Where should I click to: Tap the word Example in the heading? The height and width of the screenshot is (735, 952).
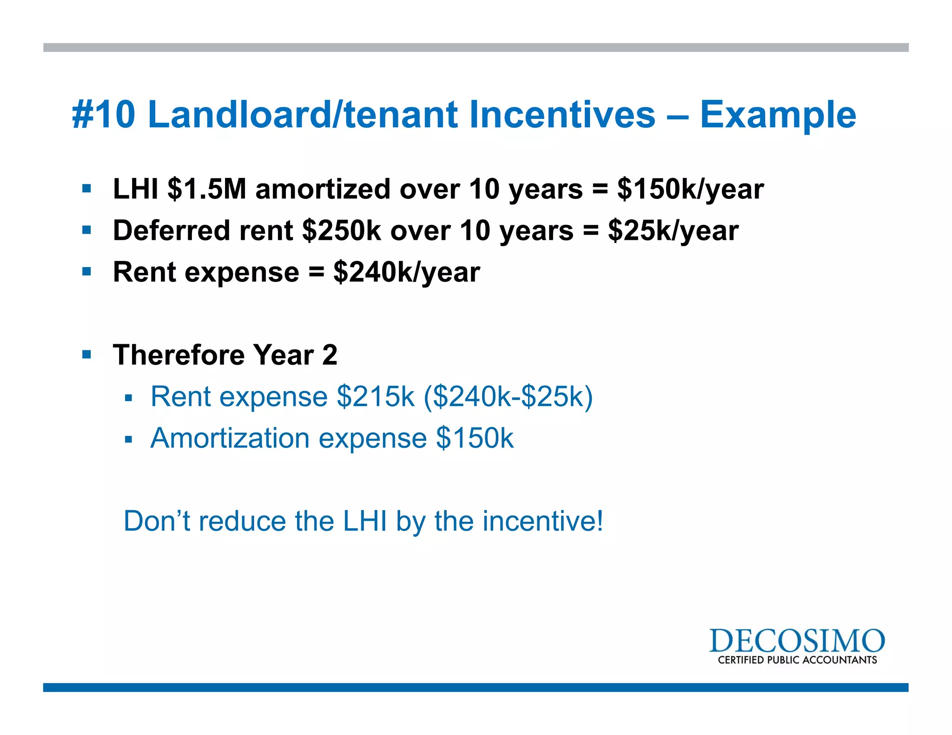click(x=778, y=115)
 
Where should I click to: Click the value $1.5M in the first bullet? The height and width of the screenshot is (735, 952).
click(x=207, y=189)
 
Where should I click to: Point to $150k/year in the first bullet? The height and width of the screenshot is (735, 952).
click(x=690, y=189)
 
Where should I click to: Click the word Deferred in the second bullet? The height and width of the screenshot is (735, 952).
click(x=172, y=230)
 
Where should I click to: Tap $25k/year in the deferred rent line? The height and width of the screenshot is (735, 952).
click(x=673, y=230)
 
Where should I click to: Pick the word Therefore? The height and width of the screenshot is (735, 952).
click(x=179, y=355)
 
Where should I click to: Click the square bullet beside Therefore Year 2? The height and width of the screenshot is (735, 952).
click(x=86, y=355)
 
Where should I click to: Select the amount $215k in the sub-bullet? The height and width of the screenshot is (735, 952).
click(x=376, y=397)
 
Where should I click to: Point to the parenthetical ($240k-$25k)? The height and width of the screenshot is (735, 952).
click(x=508, y=397)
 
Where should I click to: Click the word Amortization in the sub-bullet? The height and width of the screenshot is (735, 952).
click(x=230, y=438)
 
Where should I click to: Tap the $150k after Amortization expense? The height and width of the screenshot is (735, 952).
click(x=475, y=438)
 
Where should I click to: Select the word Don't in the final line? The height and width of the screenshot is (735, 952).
click(x=157, y=521)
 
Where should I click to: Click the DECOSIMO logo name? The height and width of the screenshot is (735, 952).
click(x=797, y=641)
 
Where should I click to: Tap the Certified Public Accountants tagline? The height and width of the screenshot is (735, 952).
click(x=797, y=660)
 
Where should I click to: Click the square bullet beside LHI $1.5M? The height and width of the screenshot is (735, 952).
click(x=86, y=189)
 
